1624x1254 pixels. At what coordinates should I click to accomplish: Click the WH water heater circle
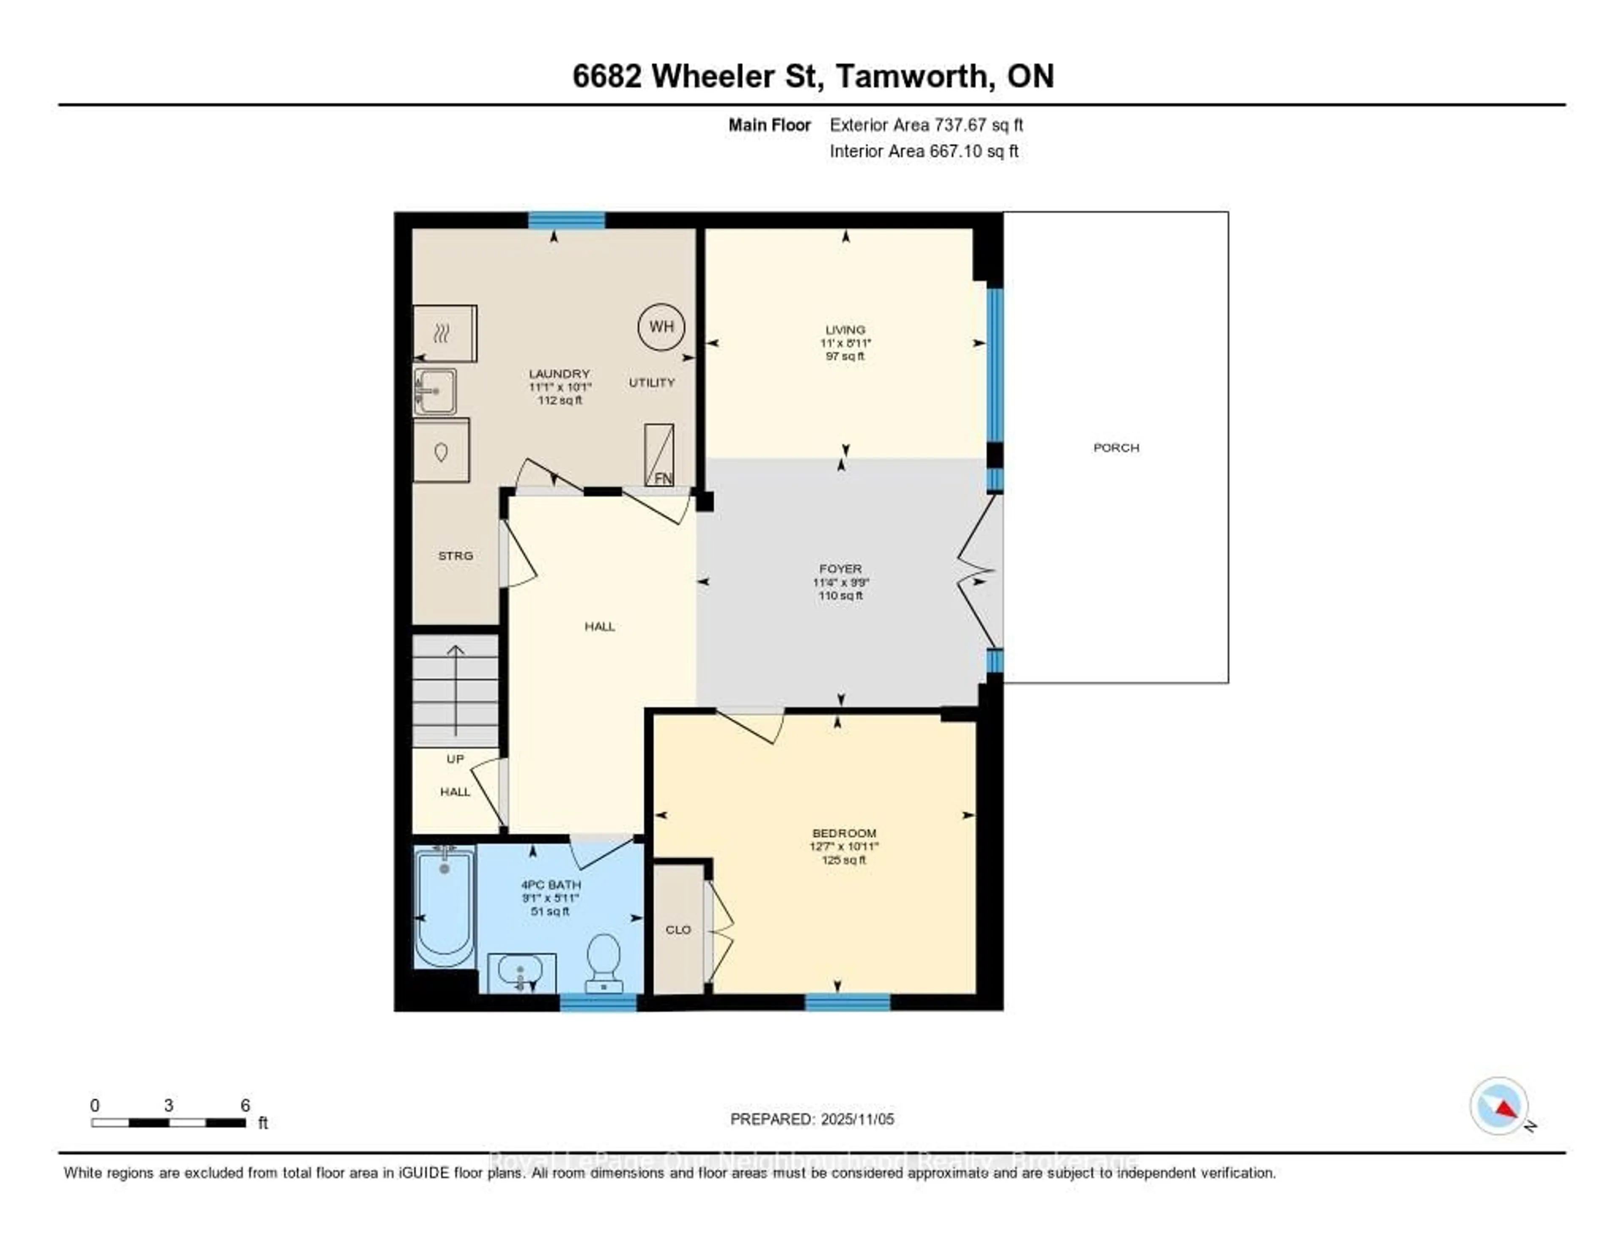pyautogui.click(x=661, y=326)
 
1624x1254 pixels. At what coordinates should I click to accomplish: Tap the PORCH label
pyautogui.click(x=1115, y=447)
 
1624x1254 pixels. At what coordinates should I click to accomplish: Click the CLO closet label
pyautogui.click(x=678, y=930)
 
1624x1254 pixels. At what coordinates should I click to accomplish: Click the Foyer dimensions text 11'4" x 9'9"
pyautogui.click(x=840, y=583)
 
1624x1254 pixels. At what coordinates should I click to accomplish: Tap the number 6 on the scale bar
pyautogui.click(x=245, y=1105)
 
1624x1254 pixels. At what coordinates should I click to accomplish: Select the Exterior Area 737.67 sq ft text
pyautogui.click(x=926, y=125)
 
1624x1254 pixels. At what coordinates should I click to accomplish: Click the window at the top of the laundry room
pyautogui.click(x=567, y=220)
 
